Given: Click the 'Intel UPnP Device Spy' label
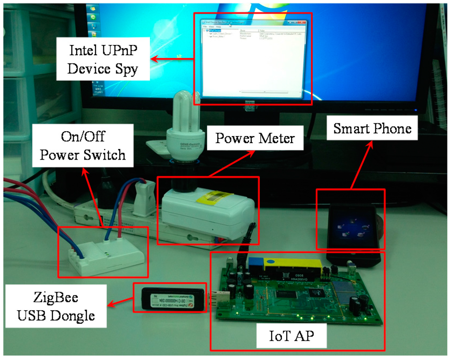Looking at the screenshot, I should point(103,59).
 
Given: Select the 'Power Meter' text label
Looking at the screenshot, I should point(255,139).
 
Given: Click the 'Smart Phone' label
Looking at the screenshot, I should point(372,128).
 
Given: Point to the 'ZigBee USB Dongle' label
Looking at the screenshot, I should point(55,306).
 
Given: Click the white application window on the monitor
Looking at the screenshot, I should point(252,58).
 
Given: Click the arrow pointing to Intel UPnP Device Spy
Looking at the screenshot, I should point(172,58).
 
